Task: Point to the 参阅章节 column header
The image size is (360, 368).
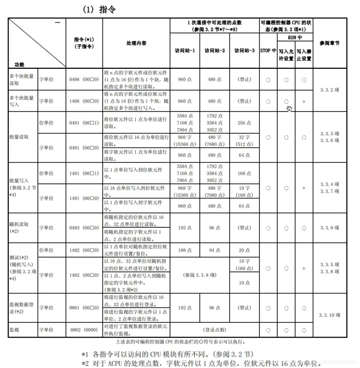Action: pyautogui.click(x=329, y=43)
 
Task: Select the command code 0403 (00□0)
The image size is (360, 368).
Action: pyautogui.click(x=84, y=227)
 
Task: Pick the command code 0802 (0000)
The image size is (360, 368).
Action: pyautogui.click(x=84, y=330)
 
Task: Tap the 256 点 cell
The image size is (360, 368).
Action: pyautogui.click(x=244, y=123)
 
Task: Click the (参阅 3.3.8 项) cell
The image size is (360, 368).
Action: pyautogui.click(x=199, y=275)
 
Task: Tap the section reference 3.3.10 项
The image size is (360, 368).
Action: pyautogui.click(x=329, y=315)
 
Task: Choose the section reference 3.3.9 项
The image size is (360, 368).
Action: pyautogui.click(x=329, y=227)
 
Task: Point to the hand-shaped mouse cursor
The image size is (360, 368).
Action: pyautogui.click(x=289, y=108)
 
